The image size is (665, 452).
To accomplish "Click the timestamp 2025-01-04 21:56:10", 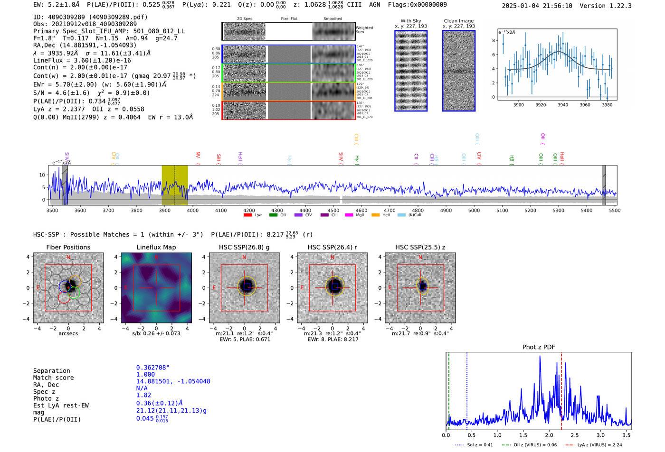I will [x=537, y=6].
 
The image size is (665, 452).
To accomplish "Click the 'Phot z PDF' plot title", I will [x=539, y=347].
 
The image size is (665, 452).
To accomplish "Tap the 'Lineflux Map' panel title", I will [x=156, y=247].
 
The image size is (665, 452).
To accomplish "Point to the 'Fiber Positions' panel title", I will [x=68, y=247].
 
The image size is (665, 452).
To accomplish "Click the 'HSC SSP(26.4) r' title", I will [x=332, y=247].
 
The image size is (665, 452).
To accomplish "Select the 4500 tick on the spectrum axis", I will [x=333, y=211].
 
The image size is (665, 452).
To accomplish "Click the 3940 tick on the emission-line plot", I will [x=563, y=105].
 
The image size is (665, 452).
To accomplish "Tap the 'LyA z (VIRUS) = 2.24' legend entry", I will [x=594, y=445].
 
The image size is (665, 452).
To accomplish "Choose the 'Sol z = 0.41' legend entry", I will [x=475, y=445].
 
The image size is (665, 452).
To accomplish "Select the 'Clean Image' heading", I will [x=458, y=21].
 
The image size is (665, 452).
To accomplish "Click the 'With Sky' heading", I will [x=411, y=21].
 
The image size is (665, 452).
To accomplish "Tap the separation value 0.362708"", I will [x=152, y=368].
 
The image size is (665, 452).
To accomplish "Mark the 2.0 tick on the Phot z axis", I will [x=549, y=435].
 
